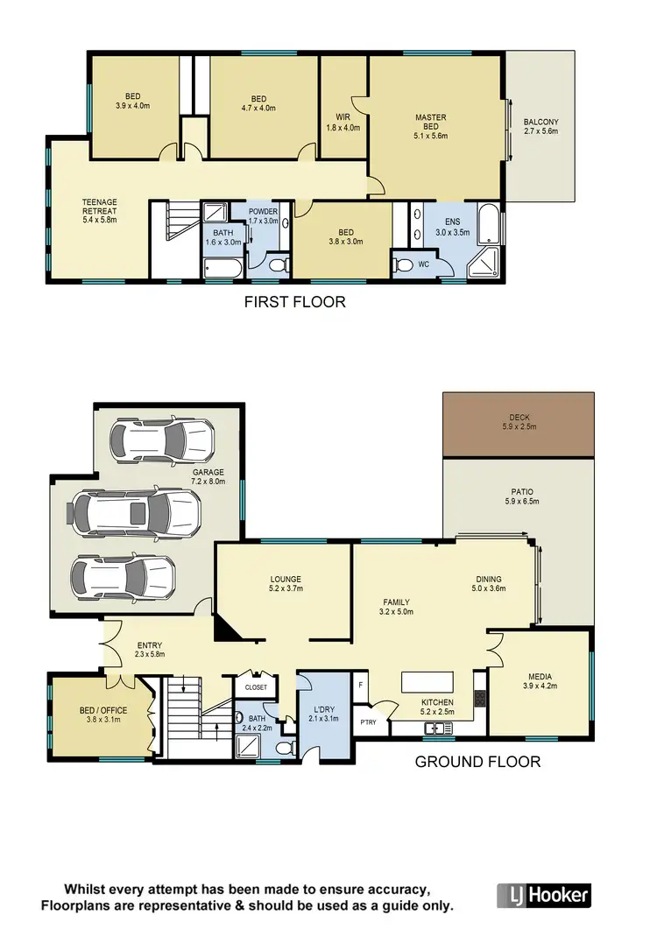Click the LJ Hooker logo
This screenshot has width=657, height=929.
tap(544, 895)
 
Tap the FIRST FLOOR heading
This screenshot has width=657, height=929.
tap(294, 302)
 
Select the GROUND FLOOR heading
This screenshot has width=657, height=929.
tap(477, 761)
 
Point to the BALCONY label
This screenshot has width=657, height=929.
tap(540, 127)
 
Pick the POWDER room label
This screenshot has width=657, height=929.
tap(263, 216)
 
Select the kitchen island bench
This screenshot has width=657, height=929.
tap(427, 682)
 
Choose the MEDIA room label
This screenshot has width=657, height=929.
tap(540, 680)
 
